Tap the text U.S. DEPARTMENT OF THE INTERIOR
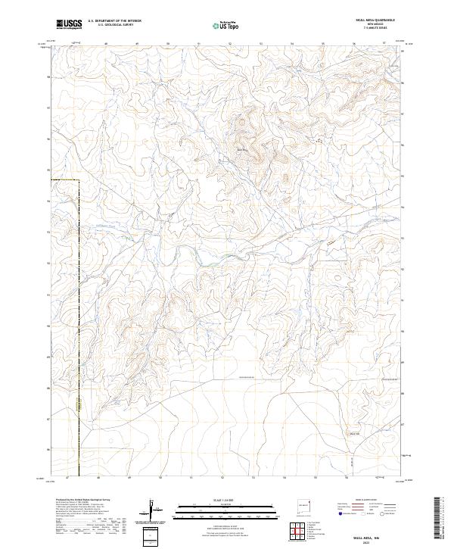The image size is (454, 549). click(114, 21)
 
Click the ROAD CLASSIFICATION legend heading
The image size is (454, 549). click(364, 501)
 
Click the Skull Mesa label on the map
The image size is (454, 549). click(242, 150)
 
